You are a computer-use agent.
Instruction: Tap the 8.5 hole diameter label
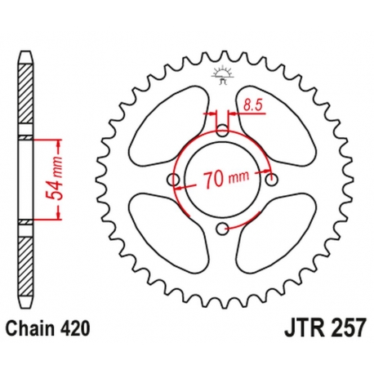(x=252, y=104)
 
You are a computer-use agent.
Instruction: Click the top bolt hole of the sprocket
(x=223, y=130)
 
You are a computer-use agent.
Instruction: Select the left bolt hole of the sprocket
(x=172, y=180)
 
